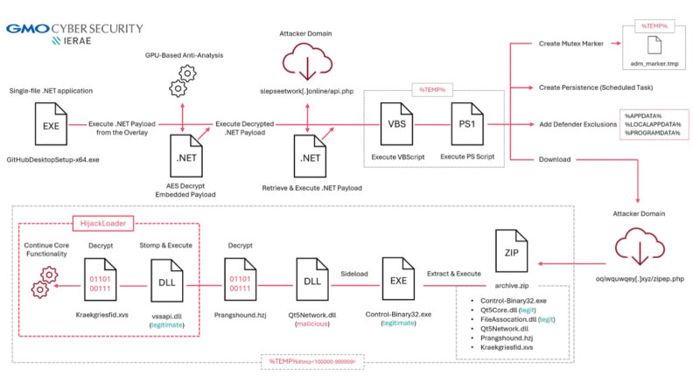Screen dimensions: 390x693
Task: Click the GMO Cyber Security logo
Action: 73,33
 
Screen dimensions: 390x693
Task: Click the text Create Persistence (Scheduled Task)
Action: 596,87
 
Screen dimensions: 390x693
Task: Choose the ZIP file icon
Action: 513,251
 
